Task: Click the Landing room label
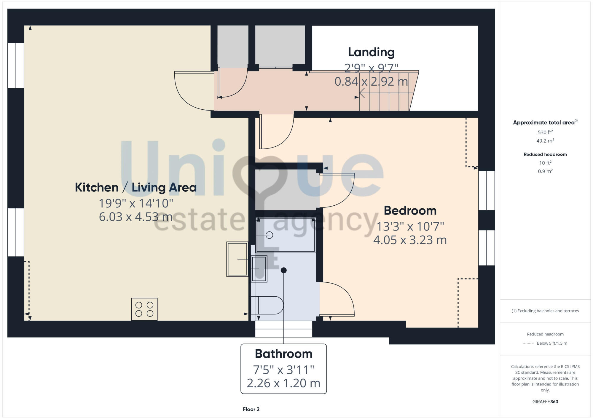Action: click(371, 52)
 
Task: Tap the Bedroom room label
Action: click(410, 211)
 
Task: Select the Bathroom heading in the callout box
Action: click(283, 354)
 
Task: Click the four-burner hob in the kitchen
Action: click(144, 309)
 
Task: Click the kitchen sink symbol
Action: click(237, 259)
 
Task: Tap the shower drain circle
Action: click(269, 235)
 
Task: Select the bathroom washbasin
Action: click(259, 269)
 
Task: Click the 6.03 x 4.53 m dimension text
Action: click(136, 217)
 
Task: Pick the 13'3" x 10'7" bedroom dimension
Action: click(410, 227)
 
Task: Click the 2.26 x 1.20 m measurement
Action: click(283, 383)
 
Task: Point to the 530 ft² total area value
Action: click(545, 132)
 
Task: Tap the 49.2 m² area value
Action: click(545, 141)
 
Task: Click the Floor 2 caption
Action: click(251, 409)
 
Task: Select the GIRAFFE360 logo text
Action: click(545, 402)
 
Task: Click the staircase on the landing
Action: click(385, 92)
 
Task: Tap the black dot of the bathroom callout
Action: click(284, 270)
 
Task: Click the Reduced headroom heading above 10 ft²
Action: click(545, 154)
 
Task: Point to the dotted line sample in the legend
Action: click(528, 343)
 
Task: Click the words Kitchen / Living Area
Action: click(136, 188)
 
